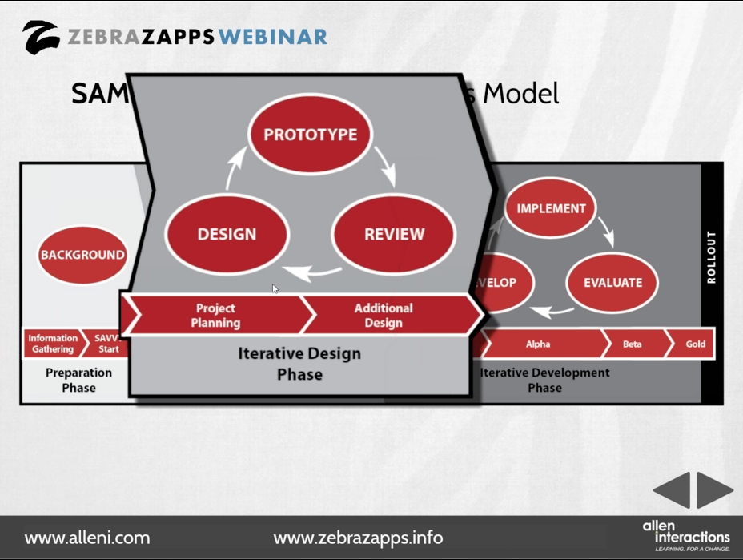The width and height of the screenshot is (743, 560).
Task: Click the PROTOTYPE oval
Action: (x=311, y=135)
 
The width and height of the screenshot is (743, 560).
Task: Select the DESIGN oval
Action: (x=227, y=235)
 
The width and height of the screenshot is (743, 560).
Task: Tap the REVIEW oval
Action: (x=394, y=235)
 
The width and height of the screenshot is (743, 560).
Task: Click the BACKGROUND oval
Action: (x=82, y=256)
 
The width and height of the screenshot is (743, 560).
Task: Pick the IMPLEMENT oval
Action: (x=551, y=208)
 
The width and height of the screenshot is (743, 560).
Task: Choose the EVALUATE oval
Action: (x=612, y=282)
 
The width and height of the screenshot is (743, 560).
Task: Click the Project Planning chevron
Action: (x=215, y=316)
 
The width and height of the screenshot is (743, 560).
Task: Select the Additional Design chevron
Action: (x=384, y=316)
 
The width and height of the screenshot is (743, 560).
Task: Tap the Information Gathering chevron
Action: (x=53, y=344)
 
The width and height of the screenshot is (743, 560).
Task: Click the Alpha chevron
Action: (x=539, y=344)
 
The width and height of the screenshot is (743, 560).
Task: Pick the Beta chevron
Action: (x=633, y=344)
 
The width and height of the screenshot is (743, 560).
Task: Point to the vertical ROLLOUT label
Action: (x=711, y=258)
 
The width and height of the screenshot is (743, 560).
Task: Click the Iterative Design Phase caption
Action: (x=299, y=364)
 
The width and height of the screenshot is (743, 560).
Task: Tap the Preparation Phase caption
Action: (x=78, y=380)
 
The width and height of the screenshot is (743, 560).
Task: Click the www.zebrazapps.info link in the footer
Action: (x=358, y=538)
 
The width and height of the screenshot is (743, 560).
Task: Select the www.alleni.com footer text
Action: (x=87, y=538)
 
